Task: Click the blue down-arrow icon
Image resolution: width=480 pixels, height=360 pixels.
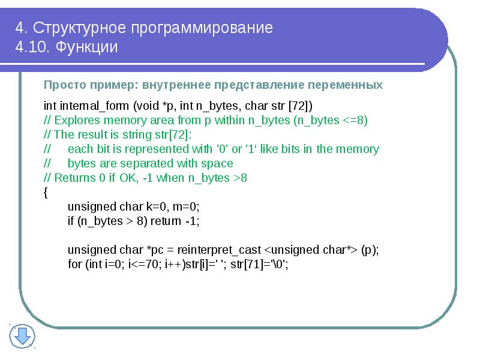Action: click(x=24, y=335)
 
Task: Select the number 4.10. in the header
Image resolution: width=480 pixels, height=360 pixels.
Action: click(x=33, y=47)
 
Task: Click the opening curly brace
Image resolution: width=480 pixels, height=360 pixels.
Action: click(x=46, y=192)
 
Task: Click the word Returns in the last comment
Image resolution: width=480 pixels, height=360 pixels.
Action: click(x=73, y=178)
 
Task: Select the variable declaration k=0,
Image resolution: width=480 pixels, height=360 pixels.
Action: click(x=162, y=206)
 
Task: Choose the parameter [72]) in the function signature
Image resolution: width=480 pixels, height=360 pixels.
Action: click(x=301, y=106)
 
